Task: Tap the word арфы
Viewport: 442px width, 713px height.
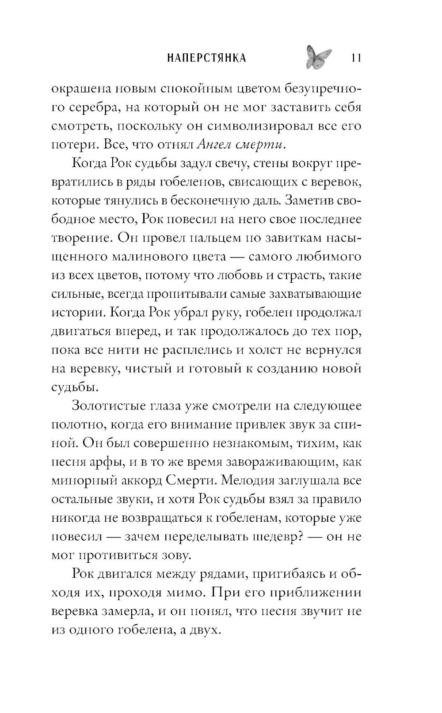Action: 104,461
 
